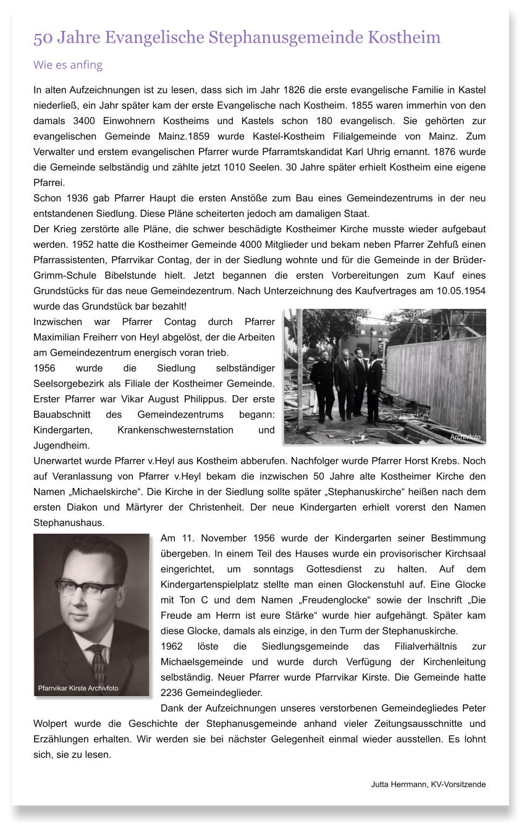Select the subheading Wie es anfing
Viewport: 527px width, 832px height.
[x=68, y=65]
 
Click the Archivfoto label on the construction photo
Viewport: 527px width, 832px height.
[x=465, y=437]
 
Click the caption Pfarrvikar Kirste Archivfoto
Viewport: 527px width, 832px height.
[x=78, y=688]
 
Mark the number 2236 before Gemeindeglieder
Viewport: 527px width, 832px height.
[x=172, y=692]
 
